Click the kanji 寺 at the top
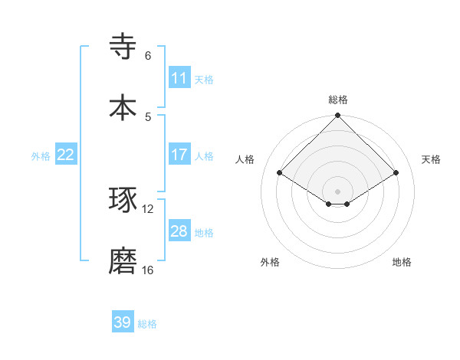pos(123,46)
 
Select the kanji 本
pos(123,107)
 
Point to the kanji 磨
pos(123,261)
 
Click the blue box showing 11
pos(179,77)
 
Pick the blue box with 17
pos(179,155)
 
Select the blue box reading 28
pos(179,231)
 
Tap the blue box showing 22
pos(66,155)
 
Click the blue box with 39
pos(123,322)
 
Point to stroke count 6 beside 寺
pos(148,56)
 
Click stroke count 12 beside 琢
pos(148,208)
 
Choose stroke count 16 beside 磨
pos(148,270)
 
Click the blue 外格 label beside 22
pos(41,155)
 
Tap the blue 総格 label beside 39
pos(147,324)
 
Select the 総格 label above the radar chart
pos(338,100)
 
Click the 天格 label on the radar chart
pos(432,159)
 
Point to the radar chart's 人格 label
pos(245,159)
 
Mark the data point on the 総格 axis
pos(338,116)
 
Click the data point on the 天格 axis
pos(396,173)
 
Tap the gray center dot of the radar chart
pos(338,191)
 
